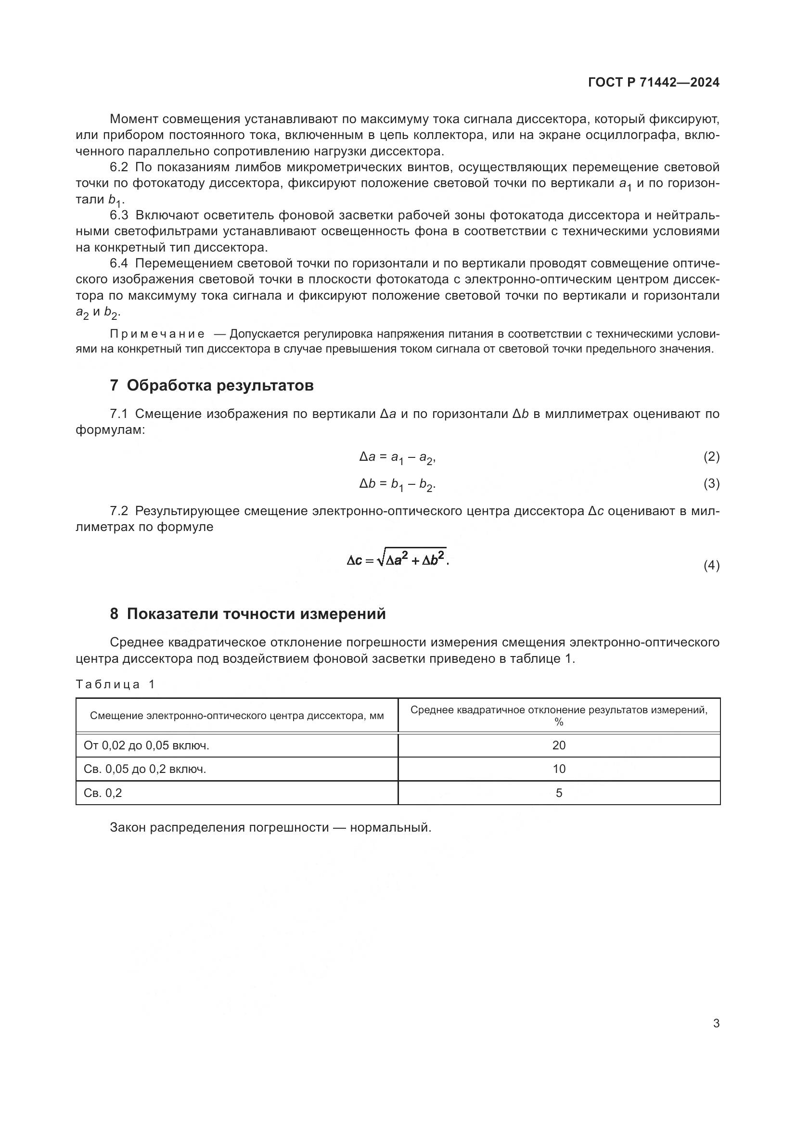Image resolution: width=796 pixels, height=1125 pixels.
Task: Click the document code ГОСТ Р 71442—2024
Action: (654, 83)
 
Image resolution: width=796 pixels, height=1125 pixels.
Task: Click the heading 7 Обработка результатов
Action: (211, 386)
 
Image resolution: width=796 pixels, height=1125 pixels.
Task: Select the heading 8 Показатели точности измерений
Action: (247, 614)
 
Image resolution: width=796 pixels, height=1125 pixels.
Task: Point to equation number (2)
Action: (711, 457)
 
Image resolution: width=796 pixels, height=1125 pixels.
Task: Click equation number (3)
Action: (711, 484)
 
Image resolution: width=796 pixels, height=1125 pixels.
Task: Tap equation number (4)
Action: (711, 566)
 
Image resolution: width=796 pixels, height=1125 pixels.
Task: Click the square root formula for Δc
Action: (398, 559)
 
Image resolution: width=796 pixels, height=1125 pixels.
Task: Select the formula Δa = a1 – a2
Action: (397, 457)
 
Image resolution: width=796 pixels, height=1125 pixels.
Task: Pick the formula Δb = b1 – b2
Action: (397, 485)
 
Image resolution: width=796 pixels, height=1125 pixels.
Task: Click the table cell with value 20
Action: (559, 745)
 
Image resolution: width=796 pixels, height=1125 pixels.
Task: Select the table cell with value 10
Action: (559, 769)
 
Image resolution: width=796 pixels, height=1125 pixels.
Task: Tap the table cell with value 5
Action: (559, 793)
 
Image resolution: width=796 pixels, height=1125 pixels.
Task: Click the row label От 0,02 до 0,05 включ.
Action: (146, 745)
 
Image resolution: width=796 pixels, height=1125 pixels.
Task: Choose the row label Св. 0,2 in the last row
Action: (103, 793)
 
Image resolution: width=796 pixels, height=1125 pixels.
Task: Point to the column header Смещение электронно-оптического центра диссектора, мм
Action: (237, 716)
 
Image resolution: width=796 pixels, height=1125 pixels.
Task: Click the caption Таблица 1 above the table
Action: (115, 684)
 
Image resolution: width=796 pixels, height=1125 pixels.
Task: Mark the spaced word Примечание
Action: (157, 334)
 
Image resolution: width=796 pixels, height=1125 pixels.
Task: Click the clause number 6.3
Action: (118, 215)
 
